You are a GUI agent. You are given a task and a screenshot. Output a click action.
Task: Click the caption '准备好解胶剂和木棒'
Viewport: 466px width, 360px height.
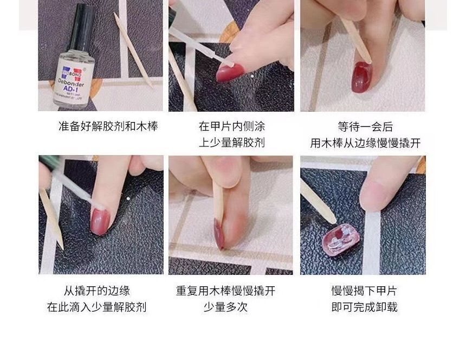pyautogui.click(x=108, y=127)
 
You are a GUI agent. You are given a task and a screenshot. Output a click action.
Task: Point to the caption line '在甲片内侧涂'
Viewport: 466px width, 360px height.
pyautogui.click(x=231, y=127)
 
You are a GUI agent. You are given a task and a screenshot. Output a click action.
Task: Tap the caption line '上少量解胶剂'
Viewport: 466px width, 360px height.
pyautogui.click(x=231, y=143)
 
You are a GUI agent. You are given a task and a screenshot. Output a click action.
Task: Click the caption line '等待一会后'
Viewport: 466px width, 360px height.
pyautogui.click(x=365, y=127)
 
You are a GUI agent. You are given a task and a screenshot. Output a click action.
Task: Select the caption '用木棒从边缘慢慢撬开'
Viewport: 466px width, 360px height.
pyautogui.click(x=365, y=143)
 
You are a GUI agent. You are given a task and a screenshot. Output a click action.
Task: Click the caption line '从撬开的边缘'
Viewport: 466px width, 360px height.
pyautogui.click(x=97, y=291)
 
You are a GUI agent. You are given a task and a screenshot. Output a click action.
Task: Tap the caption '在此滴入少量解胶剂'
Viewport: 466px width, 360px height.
pyautogui.click(x=97, y=307)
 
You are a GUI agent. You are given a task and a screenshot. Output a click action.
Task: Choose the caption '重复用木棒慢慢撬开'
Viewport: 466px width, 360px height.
pyautogui.click(x=225, y=291)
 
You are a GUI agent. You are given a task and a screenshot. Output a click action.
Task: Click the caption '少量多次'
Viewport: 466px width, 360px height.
pyautogui.click(x=225, y=307)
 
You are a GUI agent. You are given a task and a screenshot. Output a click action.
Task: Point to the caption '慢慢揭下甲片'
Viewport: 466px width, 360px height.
pyautogui.click(x=364, y=291)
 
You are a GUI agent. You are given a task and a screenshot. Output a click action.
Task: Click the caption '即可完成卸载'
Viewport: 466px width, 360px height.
pyautogui.click(x=364, y=307)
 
